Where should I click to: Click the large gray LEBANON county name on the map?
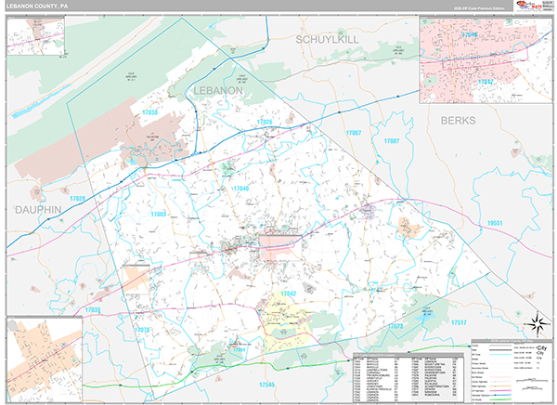click(x=218, y=90)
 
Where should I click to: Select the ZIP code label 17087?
click(x=391, y=141)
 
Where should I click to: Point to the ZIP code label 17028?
click(x=76, y=199)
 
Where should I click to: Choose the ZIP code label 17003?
click(x=158, y=214)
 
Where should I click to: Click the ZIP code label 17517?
click(x=459, y=321)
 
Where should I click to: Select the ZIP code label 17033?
click(x=93, y=309)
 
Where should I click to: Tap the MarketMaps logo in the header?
click(x=524, y=7)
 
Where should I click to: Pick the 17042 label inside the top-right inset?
click(x=484, y=82)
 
